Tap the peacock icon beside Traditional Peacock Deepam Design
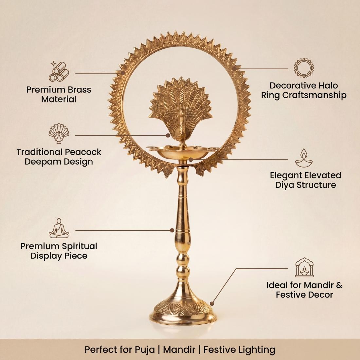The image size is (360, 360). pyautogui.click(x=59, y=134)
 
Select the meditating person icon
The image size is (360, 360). pyautogui.click(x=59, y=228)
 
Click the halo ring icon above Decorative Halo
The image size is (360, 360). pyautogui.click(x=304, y=68)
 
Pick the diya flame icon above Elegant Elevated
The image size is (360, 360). pyautogui.click(x=304, y=158)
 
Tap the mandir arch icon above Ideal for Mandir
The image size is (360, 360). pyautogui.click(x=304, y=267)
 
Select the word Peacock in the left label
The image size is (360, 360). pyautogui.click(x=83, y=152)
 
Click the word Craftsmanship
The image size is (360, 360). pyautogui.click(x=314, y=95)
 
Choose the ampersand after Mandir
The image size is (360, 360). pyautogui.click(x=339, y=285)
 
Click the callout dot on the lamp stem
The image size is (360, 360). pyautogui.click(x=172, y=230)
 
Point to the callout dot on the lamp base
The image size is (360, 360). pyautogui.click(x=212, y=304)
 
